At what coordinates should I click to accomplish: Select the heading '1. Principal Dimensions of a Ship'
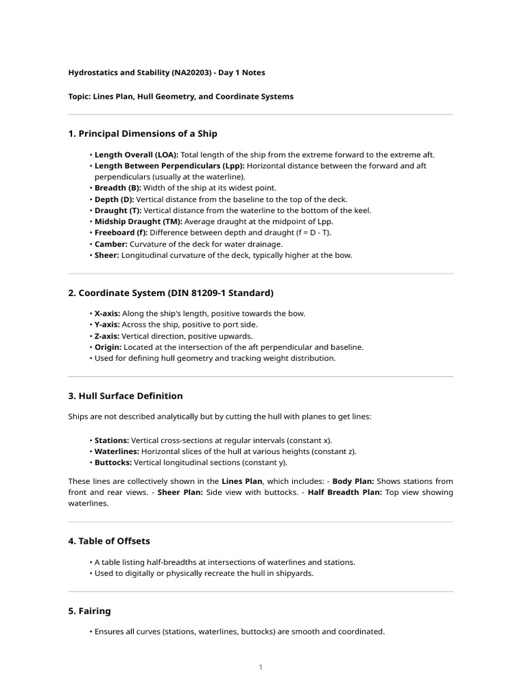pos(143,133)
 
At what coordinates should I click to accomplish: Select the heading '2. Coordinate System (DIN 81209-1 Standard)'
pos(171,293)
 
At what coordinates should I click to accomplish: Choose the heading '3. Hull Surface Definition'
pos(126,395)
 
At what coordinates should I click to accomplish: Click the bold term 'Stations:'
pos(111,440)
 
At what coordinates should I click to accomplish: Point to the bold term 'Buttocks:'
pos(113,462)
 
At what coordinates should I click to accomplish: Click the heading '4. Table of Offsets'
pos(109,541)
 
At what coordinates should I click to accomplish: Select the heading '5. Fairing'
pos(89,611)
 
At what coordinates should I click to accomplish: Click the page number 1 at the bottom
pos(260,668)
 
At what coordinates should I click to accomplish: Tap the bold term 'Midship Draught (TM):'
pos(138,221)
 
